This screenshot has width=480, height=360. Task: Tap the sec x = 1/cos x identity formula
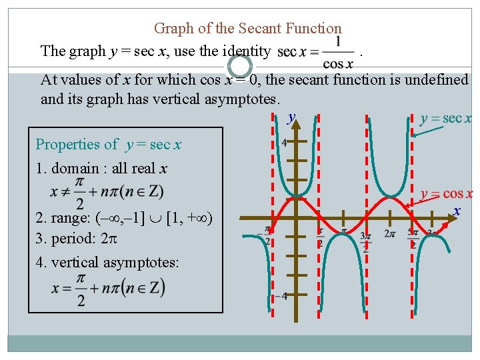316,51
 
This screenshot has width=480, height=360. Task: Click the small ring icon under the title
240,65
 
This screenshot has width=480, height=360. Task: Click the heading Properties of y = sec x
109,144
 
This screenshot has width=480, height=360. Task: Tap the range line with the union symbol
124,218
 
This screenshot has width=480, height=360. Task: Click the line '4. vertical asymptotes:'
107,262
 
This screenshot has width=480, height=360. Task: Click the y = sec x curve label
446,119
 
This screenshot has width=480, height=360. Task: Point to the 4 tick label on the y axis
285,143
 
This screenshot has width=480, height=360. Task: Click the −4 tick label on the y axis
283,295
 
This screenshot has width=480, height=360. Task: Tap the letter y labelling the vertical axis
291,118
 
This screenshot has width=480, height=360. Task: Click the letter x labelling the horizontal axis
457,211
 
